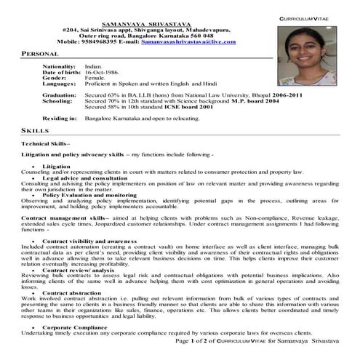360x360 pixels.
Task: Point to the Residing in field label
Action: pyautogui.click(x=60, y=118)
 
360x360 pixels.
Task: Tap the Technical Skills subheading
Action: pyautogui.click(x=44, y=144)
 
